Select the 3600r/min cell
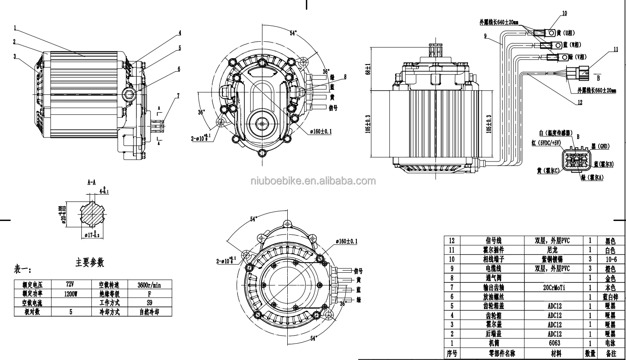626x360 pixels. tap(149, 285)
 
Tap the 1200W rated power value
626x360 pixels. tap(71, 294)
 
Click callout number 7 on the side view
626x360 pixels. tap(178, 96)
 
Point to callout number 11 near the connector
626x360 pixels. tap(615, 49)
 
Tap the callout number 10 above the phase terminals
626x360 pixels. tap(564, 13)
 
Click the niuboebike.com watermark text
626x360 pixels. tap(313, 181)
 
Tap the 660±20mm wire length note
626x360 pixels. tap(597, 90)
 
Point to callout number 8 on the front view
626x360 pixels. tap(344, 77)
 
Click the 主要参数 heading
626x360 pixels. tap(90, 262)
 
